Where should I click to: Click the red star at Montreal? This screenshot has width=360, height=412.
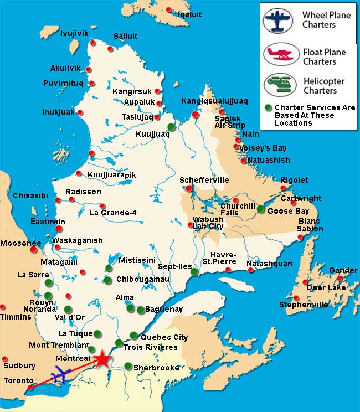pos(103,359)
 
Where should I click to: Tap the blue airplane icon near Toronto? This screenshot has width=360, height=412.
pos(59,377)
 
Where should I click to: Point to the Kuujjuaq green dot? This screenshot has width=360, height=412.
pos(171,127)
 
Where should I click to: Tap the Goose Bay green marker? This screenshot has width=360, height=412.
pos(261,209)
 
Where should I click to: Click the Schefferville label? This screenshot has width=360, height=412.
pos(204,181)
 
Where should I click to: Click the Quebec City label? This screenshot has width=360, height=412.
pos(164,337)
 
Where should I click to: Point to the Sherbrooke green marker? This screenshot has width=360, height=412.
pos(128,366)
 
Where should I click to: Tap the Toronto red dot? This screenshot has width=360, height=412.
pos(30,387)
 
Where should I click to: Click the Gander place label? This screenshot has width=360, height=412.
pos(343,270)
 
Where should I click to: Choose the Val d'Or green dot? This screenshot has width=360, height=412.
pos(68,309)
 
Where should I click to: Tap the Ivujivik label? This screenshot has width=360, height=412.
pos(74,34)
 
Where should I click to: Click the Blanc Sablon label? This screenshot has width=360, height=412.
pos(309,225)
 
